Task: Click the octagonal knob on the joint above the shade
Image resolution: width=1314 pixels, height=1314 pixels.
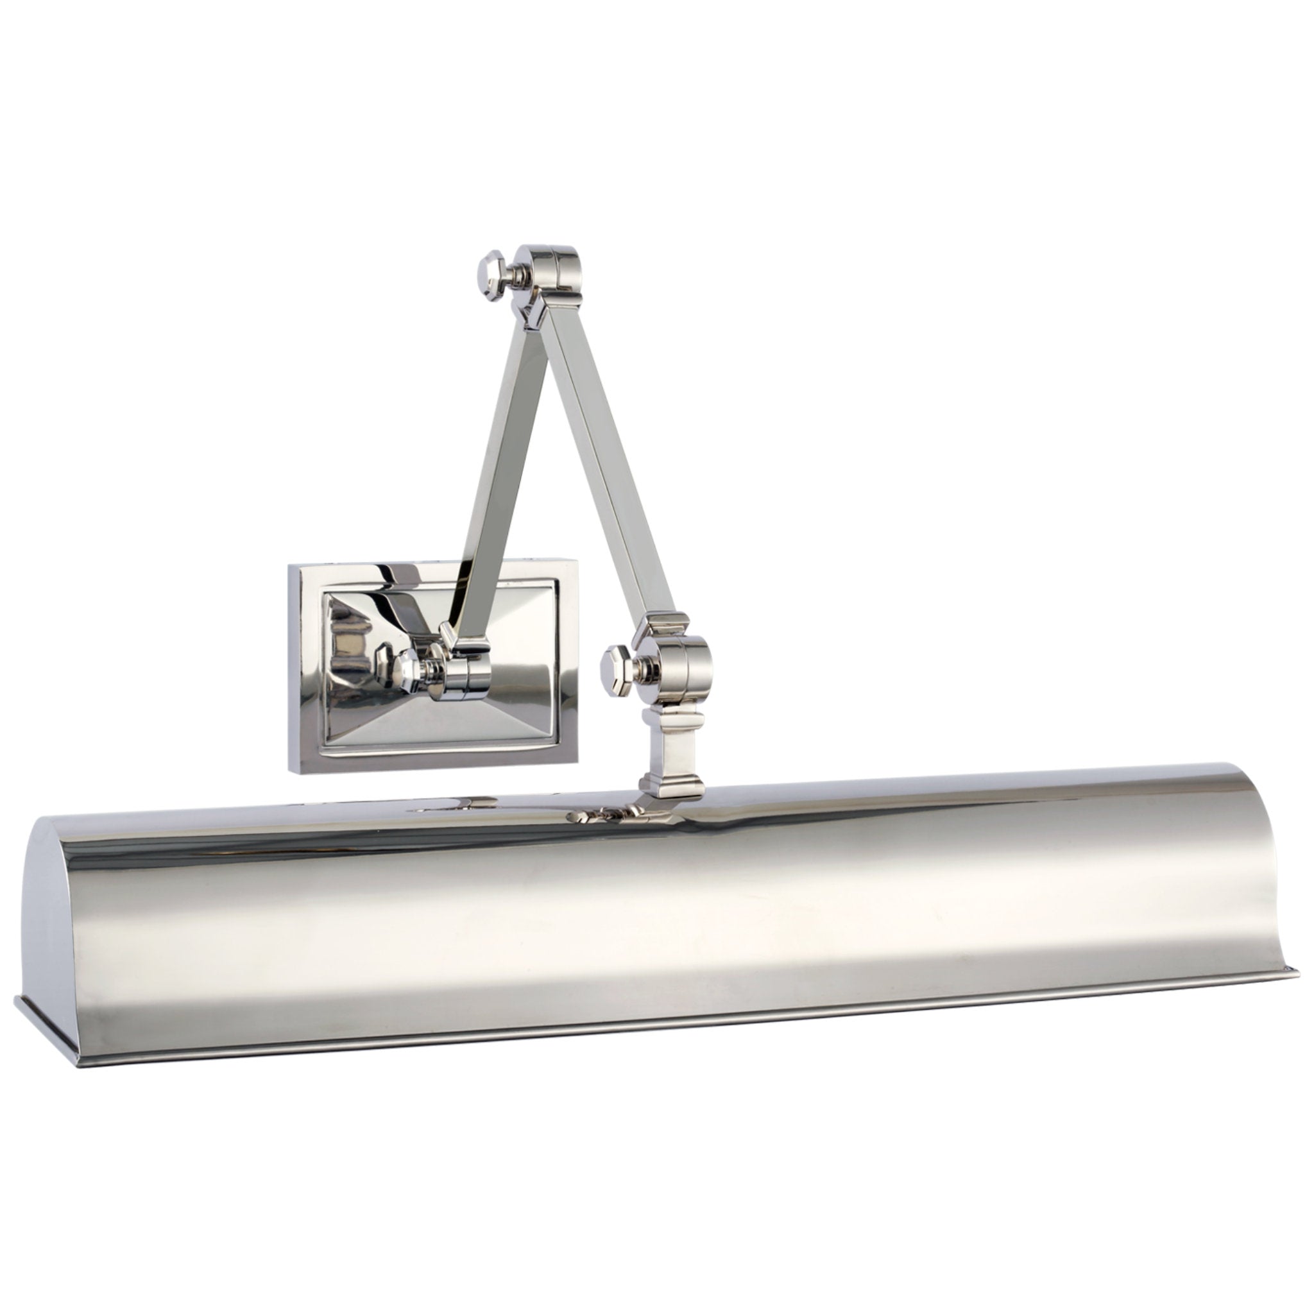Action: coord(616,663)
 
